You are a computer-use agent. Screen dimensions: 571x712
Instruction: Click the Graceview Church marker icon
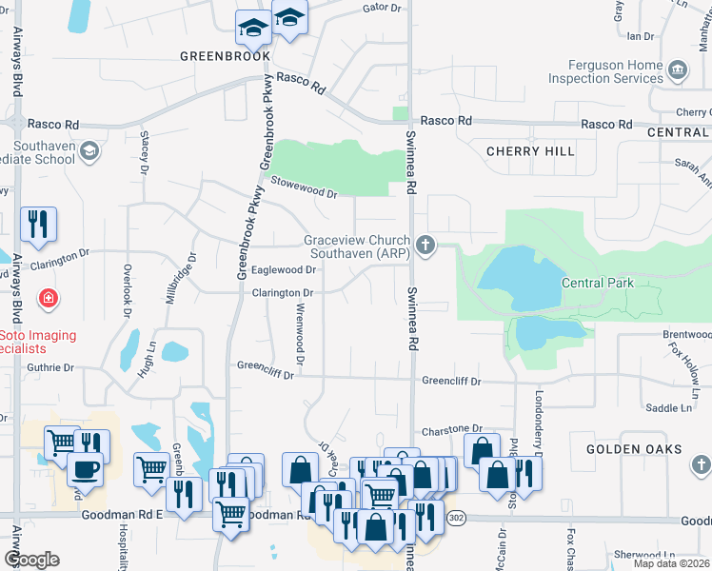click(425, 246)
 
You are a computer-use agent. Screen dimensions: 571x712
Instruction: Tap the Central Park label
click(597, 283)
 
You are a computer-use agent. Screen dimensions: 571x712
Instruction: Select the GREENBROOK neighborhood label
click(219, 56)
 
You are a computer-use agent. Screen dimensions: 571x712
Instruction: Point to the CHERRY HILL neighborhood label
click(530, 151)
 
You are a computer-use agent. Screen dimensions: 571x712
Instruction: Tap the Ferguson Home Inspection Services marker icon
click(678, 69)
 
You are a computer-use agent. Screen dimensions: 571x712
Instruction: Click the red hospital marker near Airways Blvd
click(48, 300)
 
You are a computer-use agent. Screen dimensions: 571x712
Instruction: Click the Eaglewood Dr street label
click(283, 270)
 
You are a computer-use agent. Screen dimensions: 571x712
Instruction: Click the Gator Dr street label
click(382, 8)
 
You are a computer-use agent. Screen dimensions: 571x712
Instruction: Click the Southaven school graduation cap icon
click(89, 150)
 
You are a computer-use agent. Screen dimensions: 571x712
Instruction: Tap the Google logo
click(30, 560)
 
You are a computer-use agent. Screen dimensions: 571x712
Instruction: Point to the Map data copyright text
click(672, 563)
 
